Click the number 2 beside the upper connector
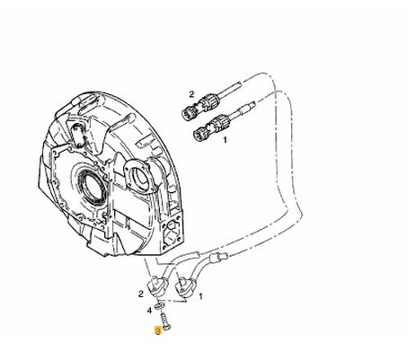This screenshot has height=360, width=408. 191,94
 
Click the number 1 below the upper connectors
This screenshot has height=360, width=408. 225,140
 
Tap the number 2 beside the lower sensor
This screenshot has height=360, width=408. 141,294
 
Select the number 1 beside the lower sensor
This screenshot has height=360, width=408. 200,296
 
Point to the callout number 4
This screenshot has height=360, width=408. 149,311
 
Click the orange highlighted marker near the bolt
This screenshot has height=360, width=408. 157,330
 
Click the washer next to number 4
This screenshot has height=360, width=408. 159,306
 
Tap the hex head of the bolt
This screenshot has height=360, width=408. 167,328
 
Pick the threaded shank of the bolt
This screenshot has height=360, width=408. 164,318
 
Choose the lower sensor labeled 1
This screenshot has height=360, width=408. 184,287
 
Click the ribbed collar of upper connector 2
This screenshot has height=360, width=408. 208,101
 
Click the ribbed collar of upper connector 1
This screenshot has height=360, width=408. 220,122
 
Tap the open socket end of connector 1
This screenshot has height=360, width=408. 200,134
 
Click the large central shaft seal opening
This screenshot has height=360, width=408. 92,185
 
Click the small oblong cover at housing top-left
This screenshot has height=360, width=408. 78,135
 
